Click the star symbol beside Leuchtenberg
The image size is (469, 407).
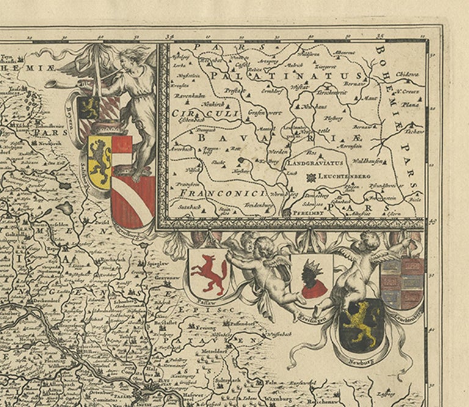click(x=313, y=177)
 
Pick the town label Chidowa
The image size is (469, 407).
click(x=407, y=74)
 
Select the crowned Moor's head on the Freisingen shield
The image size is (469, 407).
click(x=311, y=276)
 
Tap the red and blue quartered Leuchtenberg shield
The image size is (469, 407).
click(x=401, y=282)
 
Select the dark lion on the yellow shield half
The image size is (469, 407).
click(x=100, y=158)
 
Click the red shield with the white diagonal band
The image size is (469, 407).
click(x=133, y=201)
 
